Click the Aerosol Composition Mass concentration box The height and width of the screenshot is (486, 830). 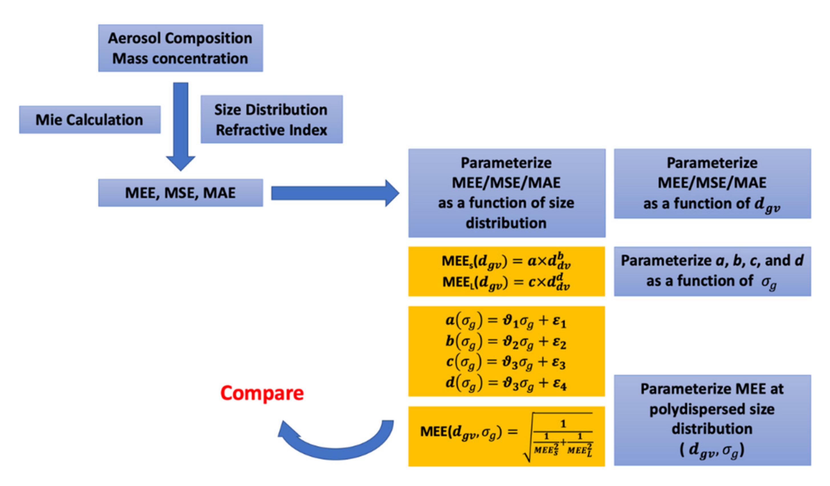coord(180,48)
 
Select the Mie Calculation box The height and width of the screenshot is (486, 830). coord(89,120)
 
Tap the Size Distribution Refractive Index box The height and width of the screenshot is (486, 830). coord(271,119)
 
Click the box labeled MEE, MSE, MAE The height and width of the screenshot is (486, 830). coord(180,193)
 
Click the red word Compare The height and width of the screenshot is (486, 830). coord(262,393)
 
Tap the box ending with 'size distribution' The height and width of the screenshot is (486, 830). coord(506,193)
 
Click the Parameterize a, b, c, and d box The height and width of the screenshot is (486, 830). coord(712,271)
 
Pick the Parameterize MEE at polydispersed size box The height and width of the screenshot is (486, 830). coord(712,420)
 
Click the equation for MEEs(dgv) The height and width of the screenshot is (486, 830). coord(506,262)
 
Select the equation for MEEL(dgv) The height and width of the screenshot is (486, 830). coord(506,282)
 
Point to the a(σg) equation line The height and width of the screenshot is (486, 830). coord(506,321)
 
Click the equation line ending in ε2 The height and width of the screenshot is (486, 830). coord(506,341)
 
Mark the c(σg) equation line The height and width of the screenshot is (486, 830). coord(506,362)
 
